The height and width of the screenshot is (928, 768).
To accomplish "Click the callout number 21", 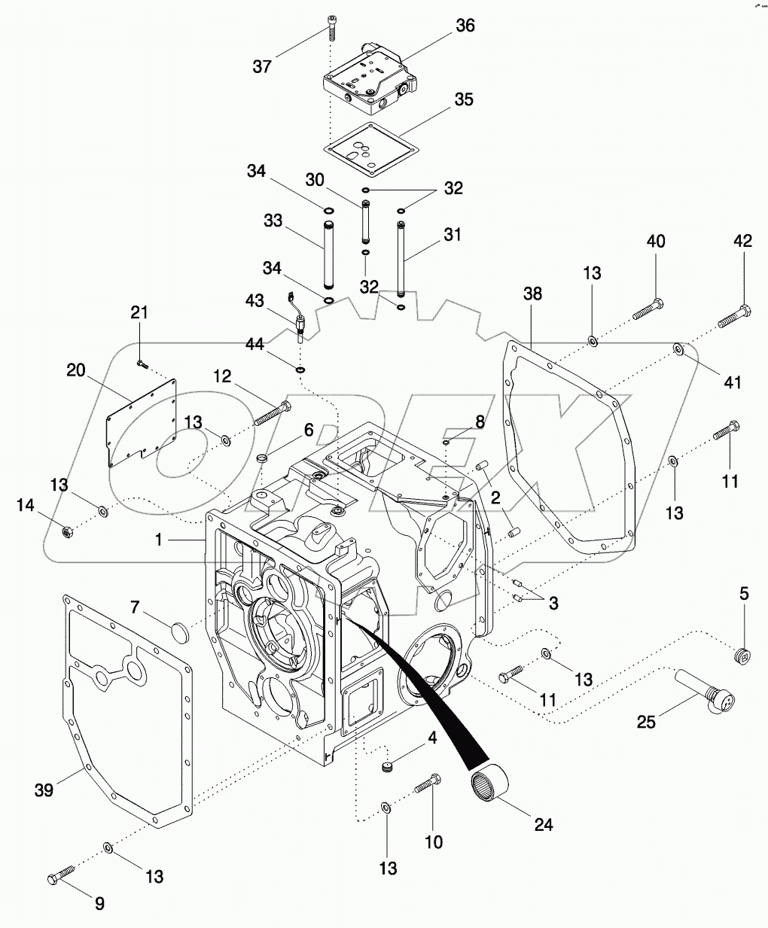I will click(x=140, y=312).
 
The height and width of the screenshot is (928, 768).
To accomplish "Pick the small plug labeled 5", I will click(x=742, y=655).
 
